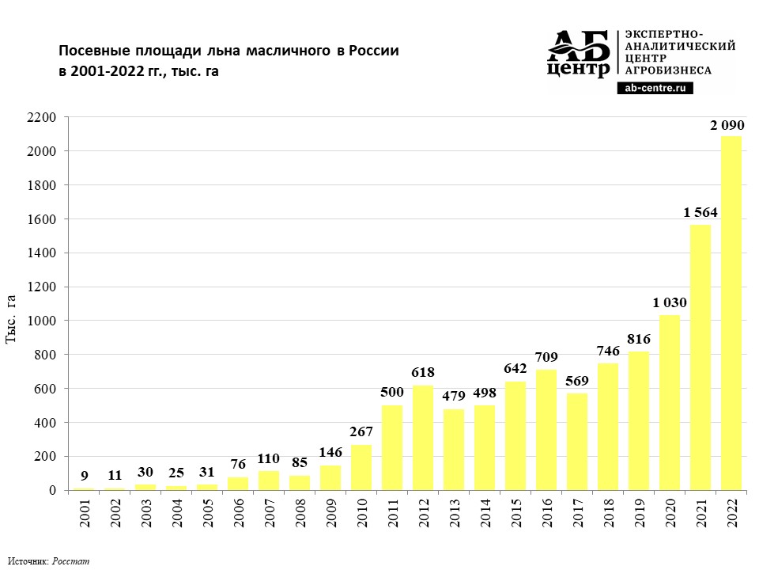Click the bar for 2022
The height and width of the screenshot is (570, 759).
coord(731,313)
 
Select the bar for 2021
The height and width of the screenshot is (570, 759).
coord(700,357)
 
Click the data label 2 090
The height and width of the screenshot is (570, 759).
coord(727,125)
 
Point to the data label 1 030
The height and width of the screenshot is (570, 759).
coord(670,302)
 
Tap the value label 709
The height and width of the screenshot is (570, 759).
coord(546,357)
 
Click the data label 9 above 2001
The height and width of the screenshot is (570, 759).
coord(84,477)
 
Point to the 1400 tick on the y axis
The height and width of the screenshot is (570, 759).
coord(44,253)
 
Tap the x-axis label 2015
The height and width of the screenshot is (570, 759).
coord(516,514)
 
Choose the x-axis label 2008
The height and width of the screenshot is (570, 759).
coord(300,514)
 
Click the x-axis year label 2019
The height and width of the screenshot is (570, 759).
coord(640,514)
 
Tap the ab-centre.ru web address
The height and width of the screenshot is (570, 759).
coord(655,89)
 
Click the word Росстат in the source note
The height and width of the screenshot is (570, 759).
coord(71,561)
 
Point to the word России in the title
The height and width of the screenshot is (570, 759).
coord(374,51)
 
